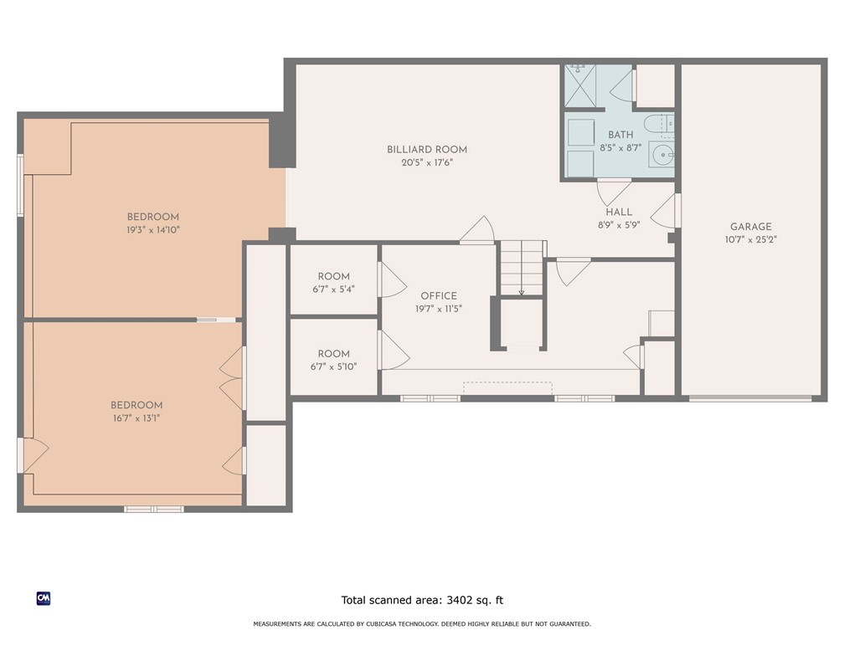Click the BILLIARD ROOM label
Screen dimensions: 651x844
(x=427, y=150)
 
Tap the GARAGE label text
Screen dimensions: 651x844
(x=750, y=227)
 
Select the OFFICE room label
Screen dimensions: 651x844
(x=439, y=295)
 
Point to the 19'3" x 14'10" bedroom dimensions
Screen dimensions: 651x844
(x=153, y=229)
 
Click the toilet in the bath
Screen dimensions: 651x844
(x=661, y=126)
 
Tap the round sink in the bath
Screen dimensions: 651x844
(x=661, y=155)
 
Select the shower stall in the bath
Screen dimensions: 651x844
(x=579, y=85)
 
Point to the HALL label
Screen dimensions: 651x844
(x=620, y=213)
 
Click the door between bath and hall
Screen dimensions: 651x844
(x=614, y=191)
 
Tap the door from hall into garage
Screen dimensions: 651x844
(x=666, y=212)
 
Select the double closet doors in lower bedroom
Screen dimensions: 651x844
(x=233, y=379)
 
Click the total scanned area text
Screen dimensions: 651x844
(x=422, y=600)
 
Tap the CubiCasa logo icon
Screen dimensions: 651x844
(x=44, y=598)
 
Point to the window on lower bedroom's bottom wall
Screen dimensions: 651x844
(x=154, y=509)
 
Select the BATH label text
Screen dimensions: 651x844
(x=620, y=135)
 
